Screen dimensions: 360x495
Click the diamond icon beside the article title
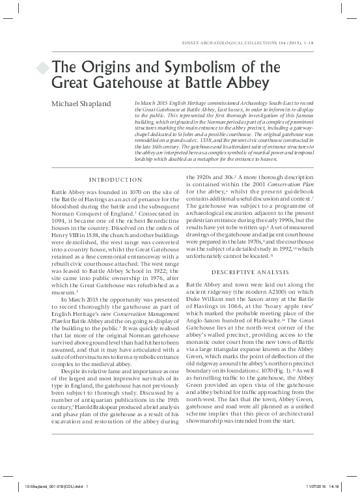43,68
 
